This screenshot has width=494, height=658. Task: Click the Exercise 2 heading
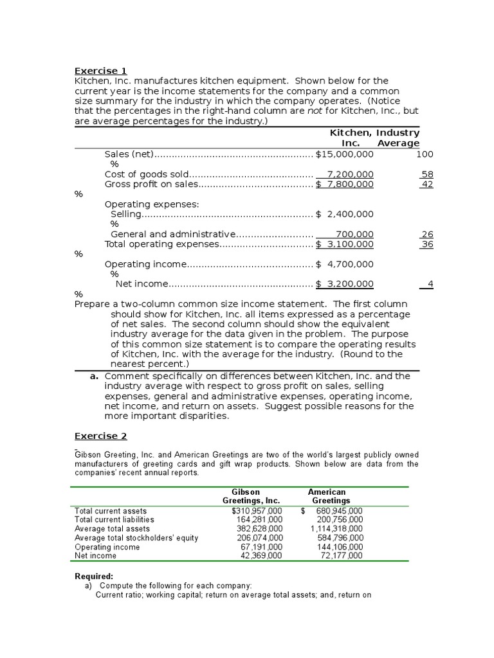(101, 436)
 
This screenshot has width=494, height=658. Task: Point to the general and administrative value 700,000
(354, 235)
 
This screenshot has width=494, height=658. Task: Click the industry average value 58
(427, 174)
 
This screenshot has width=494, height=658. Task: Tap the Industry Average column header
(398, 138)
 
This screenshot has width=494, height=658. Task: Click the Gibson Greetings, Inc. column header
(251, 496)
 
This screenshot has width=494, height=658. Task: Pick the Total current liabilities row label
(114, 519)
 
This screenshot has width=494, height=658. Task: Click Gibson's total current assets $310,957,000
(257, 511)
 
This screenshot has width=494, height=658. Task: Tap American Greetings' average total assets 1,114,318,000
(336, 528)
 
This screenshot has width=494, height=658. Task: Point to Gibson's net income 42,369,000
(261, 556)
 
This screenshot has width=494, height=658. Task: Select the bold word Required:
(94, 576)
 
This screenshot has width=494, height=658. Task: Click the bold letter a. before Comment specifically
(95, 376)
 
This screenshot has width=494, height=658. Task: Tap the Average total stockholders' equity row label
(136, 538)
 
